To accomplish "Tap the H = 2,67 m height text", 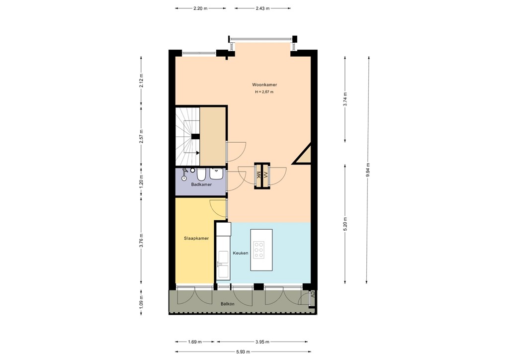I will pyautogui.click(x=264, y=92).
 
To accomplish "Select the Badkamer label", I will pyautogui.click(x=201, y=184).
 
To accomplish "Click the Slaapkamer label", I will pyautogui.click(x=196, y=238).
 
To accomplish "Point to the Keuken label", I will pyautogui.click(x=241, y=253).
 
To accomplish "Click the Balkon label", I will pyautogui.click(x=227, y=303).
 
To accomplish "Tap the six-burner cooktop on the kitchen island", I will pyautogui.click(x=259, y=250).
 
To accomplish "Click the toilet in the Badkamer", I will pyautogui.click(x=201, y=175).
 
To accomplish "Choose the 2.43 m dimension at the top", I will pyautogui.click(x=263, y=8).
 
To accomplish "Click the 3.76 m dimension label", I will pyautogui.click(x=142, y=242).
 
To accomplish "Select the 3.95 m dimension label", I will pyautogui.click(x=263, y=342).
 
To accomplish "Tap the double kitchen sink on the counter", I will pyautogui.click(x=223, y=264).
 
